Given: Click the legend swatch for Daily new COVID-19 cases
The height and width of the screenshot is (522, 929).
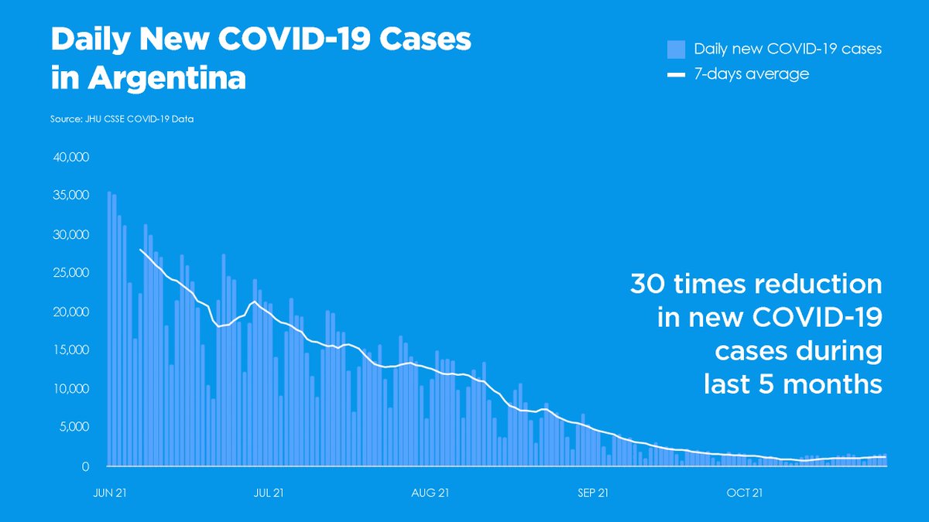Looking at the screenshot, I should coord(676,49).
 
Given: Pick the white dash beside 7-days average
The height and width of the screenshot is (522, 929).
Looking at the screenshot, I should coord(676,75).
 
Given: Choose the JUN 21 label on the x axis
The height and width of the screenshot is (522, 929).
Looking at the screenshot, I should coord(109,493).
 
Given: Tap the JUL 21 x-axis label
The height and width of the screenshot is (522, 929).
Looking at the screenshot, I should coord(268,493).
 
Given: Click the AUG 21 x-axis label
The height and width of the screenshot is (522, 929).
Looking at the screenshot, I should coord(430,493).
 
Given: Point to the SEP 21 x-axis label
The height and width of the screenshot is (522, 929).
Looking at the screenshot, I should coord(592,493).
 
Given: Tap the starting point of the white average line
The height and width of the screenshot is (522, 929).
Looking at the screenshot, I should coord(140,249).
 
